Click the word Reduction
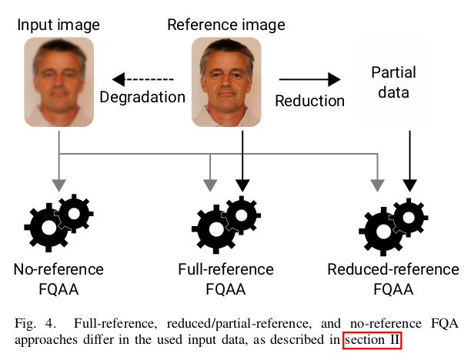tap(310, 101)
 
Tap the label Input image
tap(58, 25)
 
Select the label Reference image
tap(225, 25)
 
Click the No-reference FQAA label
tap(58, 279)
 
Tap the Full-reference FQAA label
tap(225, 279)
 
